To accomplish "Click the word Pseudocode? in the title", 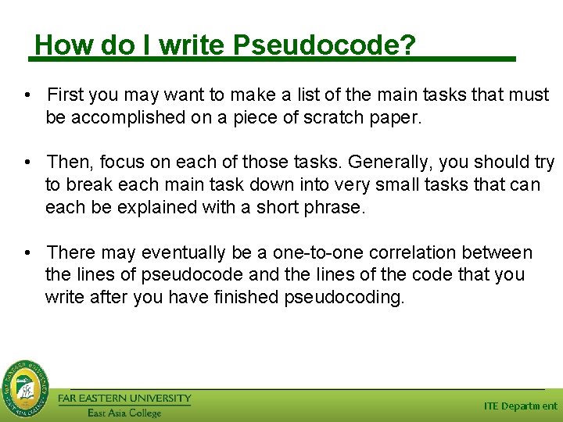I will click(325, 45).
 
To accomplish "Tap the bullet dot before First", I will click(27, 95).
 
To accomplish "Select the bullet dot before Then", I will click(27, 163).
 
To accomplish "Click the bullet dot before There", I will click(27, 252).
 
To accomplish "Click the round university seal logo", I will click(25, 386).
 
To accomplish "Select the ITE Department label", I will click(520, 406).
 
